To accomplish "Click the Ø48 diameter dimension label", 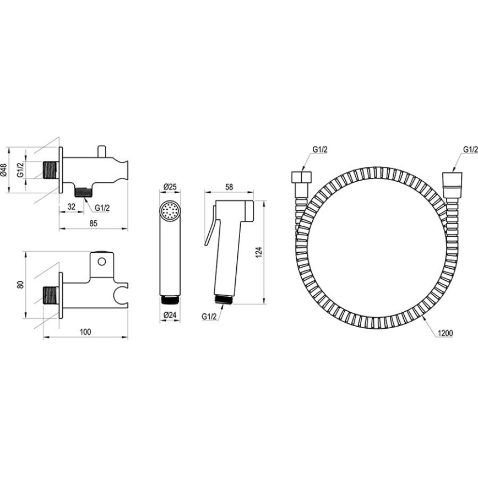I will point(4,170).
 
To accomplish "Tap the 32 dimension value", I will point(71,207).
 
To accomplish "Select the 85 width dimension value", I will point(93,222).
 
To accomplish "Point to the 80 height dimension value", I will point(20,285).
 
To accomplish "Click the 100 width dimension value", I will point(85,332).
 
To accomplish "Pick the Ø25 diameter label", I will point(170,187).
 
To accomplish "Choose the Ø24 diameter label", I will point(170,314).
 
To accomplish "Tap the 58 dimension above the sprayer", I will point(229,187).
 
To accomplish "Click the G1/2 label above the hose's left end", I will point(320,149).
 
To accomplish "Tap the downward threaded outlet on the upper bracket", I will point(83,193).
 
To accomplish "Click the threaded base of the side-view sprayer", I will point(224,300).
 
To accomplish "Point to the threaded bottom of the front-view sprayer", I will point(171,300).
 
